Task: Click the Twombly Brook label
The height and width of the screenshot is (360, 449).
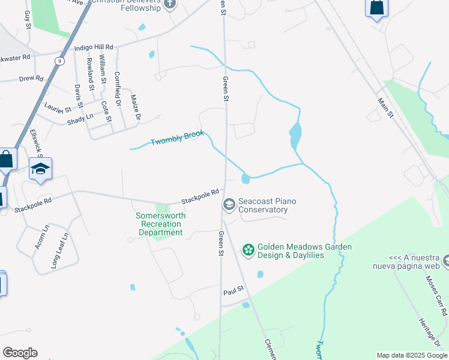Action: (177, 138)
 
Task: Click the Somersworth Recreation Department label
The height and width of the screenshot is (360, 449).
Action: (160, 224)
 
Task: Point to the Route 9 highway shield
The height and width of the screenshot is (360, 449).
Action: (59, 61)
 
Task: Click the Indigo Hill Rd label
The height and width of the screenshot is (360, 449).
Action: (94, 47)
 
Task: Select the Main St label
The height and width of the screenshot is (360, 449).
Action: (386, 108)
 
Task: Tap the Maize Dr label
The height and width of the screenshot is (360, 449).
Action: (135, 104)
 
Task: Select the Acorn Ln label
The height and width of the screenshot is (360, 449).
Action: (42, 236)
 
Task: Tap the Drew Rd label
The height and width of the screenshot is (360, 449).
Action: (31, 79)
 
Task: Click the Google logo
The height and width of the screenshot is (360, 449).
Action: (20, 353)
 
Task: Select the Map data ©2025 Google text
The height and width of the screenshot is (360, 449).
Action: (411, 355)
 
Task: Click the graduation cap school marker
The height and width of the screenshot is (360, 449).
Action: (40, 169)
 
